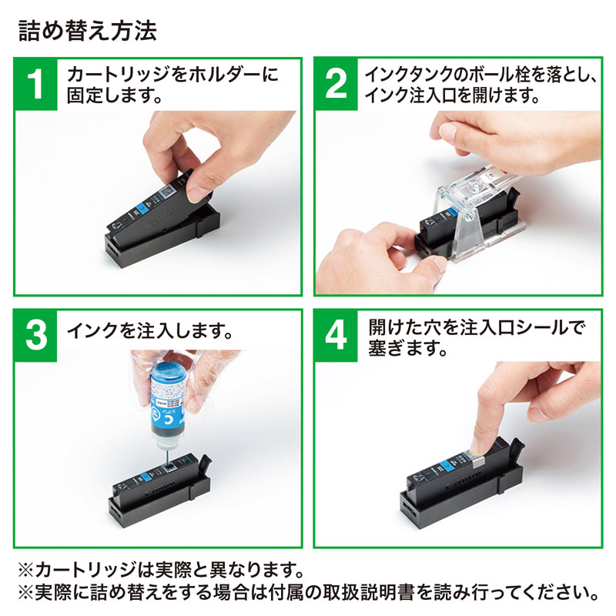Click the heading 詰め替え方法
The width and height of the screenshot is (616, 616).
[86, 31]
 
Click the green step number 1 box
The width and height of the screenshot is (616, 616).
[35, 85]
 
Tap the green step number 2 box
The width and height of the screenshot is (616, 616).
[336, 85]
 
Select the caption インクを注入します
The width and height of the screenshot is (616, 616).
[150, 332]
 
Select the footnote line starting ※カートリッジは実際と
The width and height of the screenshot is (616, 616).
[160, 573]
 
